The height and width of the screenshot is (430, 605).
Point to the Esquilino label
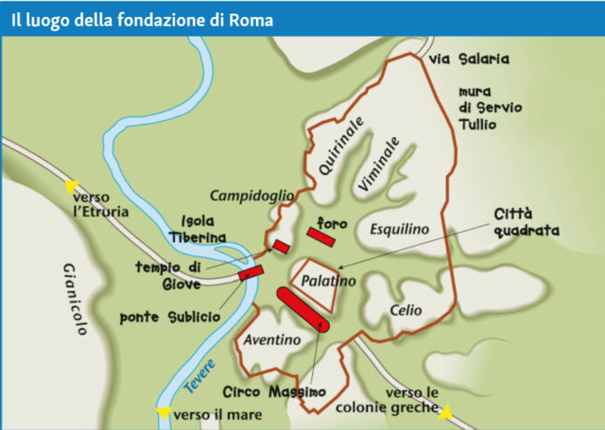pyautogui.click(x=399, y=229)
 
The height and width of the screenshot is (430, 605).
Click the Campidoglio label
pyautogui.click(x=251, y=196)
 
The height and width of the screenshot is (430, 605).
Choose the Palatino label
pyautogui.click(x=328, y=281)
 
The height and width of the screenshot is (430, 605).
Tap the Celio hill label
pyautogui.click(x=406, y=309)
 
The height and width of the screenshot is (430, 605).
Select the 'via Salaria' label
pyautogui.click(x=469, y=60)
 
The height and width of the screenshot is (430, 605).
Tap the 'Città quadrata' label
pyautogui.click(x=527, y=223)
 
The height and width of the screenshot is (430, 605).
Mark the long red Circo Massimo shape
pyautogui.click(x=302, y=308)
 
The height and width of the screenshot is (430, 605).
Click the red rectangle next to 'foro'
pyautogui.click(x=321, y=236)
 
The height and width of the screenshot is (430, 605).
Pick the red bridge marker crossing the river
pyautogui.click(x=251, y=273)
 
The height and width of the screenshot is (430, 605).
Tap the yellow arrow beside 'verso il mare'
pyautogui.click(x=164, y=413)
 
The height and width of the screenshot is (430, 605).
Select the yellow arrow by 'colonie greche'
pyautogui.click(x=445, y=411)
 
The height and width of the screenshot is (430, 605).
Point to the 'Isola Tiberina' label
pyautogui.click(x=199, y=227)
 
